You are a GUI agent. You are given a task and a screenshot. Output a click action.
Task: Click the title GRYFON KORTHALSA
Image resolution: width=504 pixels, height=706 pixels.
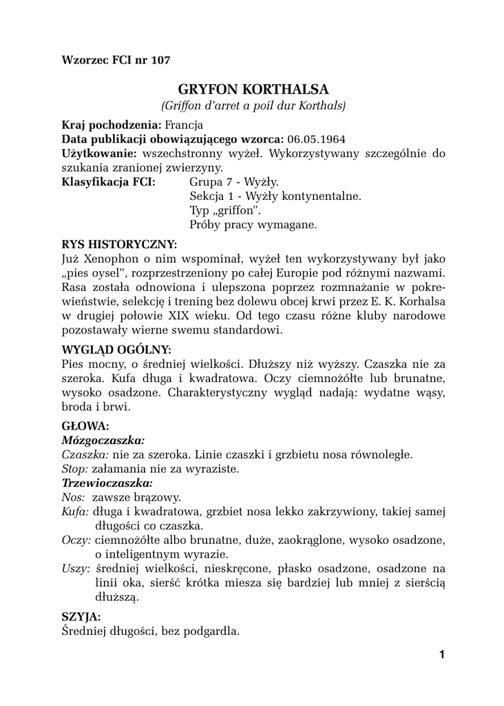(253, 89)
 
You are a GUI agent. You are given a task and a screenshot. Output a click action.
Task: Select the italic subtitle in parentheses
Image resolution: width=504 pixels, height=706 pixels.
(253, 105)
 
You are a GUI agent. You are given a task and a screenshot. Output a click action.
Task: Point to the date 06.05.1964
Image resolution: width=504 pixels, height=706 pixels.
(316, 139)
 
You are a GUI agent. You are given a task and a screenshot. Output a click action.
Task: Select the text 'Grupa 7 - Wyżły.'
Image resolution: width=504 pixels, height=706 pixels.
(233, 182)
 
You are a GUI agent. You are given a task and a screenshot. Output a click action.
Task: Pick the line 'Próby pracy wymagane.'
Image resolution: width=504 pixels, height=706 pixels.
(253, 225)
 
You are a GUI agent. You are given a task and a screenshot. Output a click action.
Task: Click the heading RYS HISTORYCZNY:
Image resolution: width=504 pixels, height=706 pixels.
(119, 244)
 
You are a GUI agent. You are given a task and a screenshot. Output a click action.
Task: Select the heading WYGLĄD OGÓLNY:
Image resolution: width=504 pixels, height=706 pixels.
(116, 349)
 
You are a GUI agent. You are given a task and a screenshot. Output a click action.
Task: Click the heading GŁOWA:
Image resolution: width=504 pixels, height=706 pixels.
(85, 426)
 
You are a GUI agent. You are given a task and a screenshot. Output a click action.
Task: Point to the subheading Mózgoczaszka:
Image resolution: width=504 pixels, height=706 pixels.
(103, 440)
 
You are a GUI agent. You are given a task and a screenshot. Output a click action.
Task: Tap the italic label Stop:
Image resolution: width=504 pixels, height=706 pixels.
(75, 468)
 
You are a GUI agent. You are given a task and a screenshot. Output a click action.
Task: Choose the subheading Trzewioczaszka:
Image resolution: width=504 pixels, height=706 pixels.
(107, 483)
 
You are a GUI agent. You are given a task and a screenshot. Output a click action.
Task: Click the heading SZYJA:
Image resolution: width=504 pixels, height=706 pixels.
(81, 616)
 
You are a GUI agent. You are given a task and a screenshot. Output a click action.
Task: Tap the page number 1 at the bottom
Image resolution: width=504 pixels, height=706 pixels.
(441, 654)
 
